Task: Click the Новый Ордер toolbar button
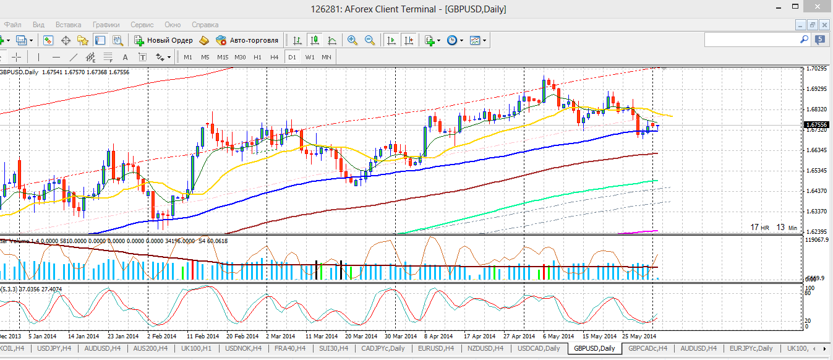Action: click(x=164, y=40)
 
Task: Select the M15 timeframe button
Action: click(x=223, y=57)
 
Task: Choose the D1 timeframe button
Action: click(x=292, y=57)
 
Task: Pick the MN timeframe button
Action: click(x=326, y=57)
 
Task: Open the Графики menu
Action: click(x=106, y=25)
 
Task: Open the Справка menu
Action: click(x=205, y=25)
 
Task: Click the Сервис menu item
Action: click(x=142, y=25)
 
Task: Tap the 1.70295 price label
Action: click(x=818, y=69)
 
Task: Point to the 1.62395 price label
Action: click(x=818, y=232)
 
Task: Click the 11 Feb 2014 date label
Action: click(x=204, y=336)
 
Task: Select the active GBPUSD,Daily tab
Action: click(x=594, y=348)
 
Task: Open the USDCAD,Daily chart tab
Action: click(x=539, y=348)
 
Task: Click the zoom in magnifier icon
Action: click(x=352, y=40)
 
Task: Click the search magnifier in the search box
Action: click(x=805, y=40)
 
